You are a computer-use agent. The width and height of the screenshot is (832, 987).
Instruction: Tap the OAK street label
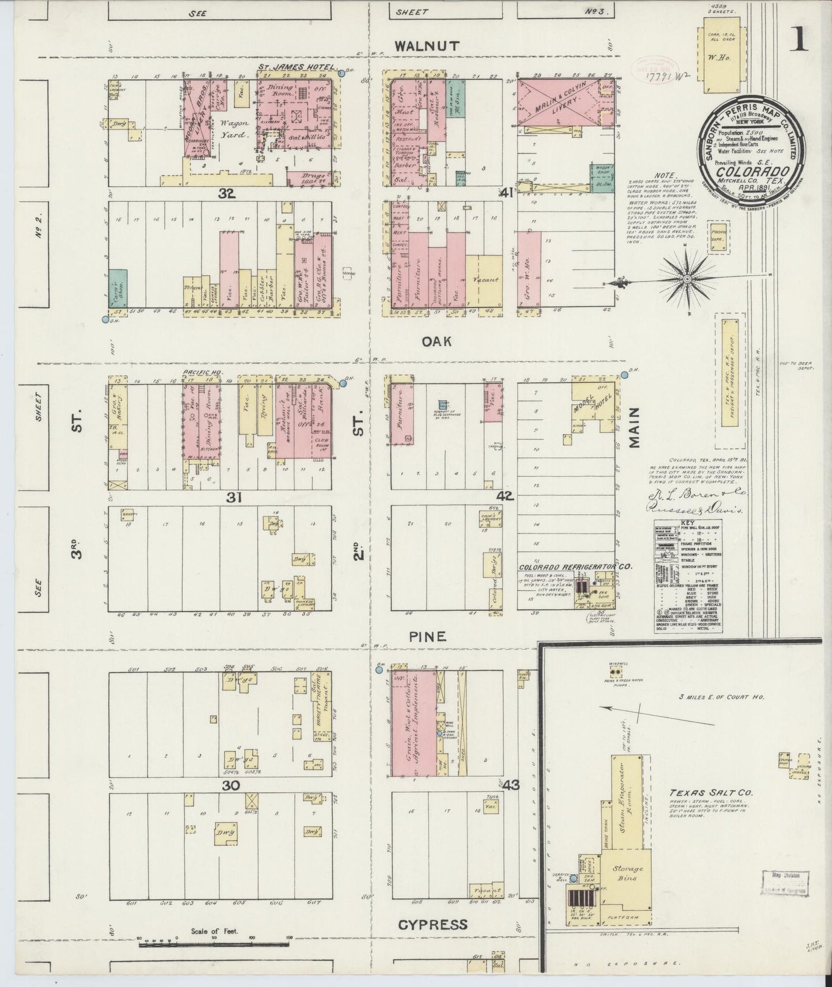[435, 341]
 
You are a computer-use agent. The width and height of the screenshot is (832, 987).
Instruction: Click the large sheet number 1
[799, 40]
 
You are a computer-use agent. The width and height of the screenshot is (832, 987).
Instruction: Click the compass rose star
[687, 280]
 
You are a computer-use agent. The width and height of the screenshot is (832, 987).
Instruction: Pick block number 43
[511, 785]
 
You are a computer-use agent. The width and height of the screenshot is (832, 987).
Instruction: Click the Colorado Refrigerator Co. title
[575, 566]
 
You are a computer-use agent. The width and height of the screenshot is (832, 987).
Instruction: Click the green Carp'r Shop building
[117, 287]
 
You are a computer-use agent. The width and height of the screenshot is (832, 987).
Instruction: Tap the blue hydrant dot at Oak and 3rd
[105, 318]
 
